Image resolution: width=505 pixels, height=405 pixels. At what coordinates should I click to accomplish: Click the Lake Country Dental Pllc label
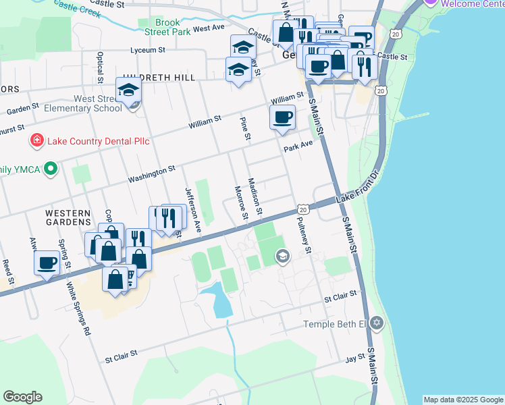pos(97,141)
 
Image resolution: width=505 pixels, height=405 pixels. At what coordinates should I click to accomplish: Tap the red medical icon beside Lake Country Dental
pos(37,141)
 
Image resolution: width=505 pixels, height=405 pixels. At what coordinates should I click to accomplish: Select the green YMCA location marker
pos(49,169)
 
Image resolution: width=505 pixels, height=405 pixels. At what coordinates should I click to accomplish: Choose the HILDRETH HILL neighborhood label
pos(159,78)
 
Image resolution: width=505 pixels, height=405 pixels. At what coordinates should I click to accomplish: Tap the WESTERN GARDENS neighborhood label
pos(68,217)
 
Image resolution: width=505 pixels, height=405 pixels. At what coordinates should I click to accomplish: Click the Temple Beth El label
pos(335,324)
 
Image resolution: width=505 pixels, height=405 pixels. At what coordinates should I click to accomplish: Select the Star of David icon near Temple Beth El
pos(377,323)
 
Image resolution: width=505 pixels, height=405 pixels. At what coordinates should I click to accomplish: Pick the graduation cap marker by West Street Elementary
pos(128,90)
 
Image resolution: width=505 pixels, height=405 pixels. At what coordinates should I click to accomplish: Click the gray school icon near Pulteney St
pos(282,255)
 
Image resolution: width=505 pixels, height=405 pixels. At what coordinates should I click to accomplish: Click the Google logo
pos(23,397)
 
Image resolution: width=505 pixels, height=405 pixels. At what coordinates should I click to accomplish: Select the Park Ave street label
pos(298,145)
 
